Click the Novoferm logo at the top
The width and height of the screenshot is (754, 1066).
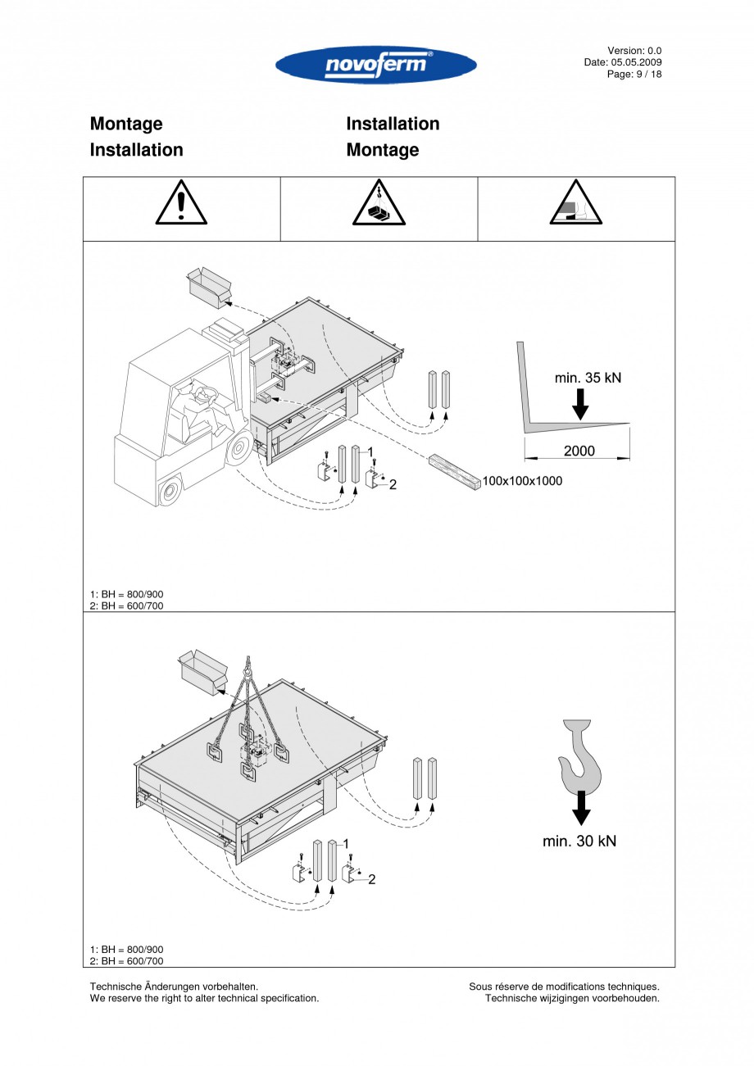point(376,65)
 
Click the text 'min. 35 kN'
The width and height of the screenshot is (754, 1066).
point(588,378)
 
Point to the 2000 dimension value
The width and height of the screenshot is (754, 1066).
point(579,451)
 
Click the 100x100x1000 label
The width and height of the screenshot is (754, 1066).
point(522,481)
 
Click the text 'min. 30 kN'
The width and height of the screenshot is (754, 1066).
point(579,841)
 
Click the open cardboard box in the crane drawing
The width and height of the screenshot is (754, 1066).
point(202,672)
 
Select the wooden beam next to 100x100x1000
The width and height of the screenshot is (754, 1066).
point(454,473)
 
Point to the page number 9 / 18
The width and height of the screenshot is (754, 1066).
point(647,74)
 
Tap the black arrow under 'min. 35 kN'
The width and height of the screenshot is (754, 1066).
point(579,404)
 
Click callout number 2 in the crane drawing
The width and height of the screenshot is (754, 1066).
point(371,879)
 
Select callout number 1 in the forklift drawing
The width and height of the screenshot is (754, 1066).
point(370,451)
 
